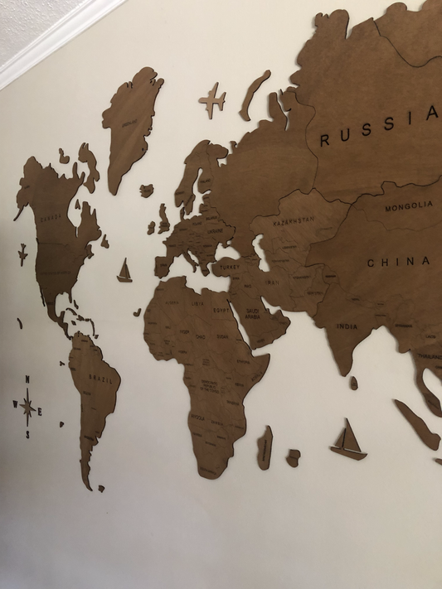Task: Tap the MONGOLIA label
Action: coord(408,205)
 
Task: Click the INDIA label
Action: coord(347,326)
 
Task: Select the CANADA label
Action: coord(51,217)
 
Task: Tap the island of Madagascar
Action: coord(265,447)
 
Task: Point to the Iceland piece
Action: coord(146,191)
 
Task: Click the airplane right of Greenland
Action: coord(212,99)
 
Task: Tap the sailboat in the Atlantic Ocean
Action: coord(124,271)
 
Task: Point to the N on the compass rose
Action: coord(27,380)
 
